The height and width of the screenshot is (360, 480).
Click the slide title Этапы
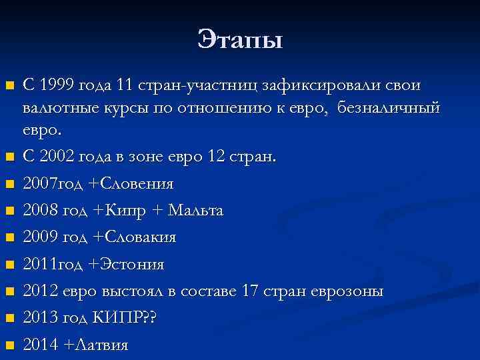[240, 40]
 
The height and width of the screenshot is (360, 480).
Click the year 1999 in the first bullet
[57, 85]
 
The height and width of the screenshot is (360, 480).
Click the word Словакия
[139, 237]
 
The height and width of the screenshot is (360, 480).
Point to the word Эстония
[131, 265]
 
